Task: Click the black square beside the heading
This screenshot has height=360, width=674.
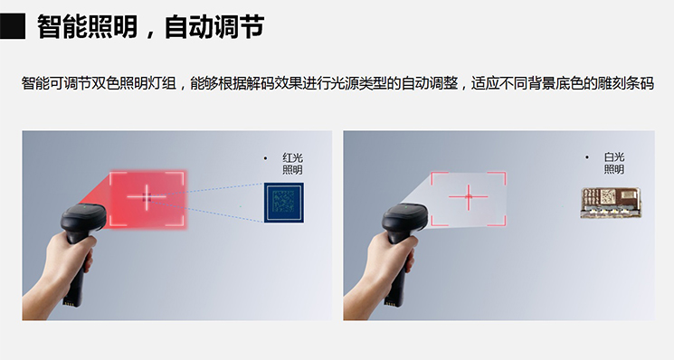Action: [x=13, y=26]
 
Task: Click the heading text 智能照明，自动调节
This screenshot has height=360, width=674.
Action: [x=150, y=26]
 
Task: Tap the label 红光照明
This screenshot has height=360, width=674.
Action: [x=292, y=164]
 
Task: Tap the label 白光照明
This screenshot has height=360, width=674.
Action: [x=613, y=163]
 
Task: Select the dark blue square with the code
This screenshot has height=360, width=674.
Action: [x=284, y=203]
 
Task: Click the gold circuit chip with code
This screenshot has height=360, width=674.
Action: [x=611, y=203]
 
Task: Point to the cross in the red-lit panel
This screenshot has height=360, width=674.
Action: [x=147, y=197]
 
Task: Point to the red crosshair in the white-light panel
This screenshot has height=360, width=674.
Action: [x=468, y=197]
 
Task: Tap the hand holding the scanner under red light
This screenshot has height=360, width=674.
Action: [x=61, y=271]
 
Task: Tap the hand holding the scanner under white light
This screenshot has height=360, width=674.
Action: [x=380, y=271]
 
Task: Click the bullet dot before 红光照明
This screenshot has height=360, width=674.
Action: [x=265, y=158]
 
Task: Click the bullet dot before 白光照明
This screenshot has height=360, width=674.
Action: [x=587, y=157]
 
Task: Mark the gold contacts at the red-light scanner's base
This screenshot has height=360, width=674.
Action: [x=68, y=303]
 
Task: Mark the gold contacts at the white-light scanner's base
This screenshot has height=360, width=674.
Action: [x=389, y=303]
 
